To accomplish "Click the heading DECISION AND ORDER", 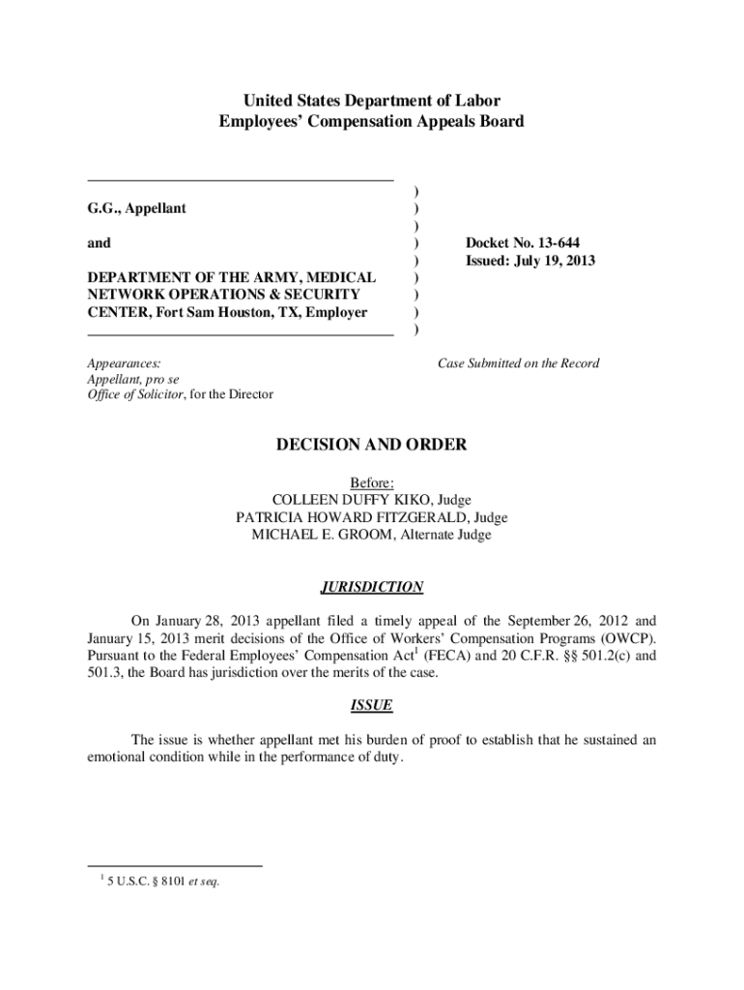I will pyautogui.click(x=372, y=445).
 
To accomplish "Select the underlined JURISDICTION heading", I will pyautogui.click(x=372, y=587).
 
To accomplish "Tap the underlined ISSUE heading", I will pyautogui.click(x=372, y=706).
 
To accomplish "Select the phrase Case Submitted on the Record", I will pyautogui.click(x=518, y=364).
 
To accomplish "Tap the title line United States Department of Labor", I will pyautogui.click(x=372, y=101).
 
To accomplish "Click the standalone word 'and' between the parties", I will pyautogui.click(x=99, y=244).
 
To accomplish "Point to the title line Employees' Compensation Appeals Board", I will pyautogui.click(x=372, y=122).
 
